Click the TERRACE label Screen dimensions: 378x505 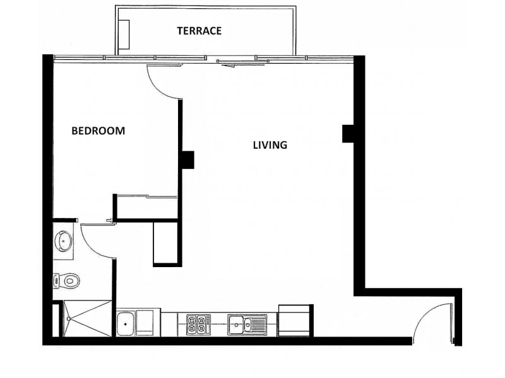[199, 30]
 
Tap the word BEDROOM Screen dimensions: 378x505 [98, 131]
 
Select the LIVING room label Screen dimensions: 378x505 [270, 145]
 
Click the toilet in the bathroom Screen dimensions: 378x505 [67, 279]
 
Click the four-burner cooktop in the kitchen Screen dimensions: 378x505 [197, 325]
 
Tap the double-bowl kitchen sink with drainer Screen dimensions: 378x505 [247, 325]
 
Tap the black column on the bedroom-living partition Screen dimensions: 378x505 [187, 159]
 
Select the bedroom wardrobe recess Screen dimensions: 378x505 [146, 208]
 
